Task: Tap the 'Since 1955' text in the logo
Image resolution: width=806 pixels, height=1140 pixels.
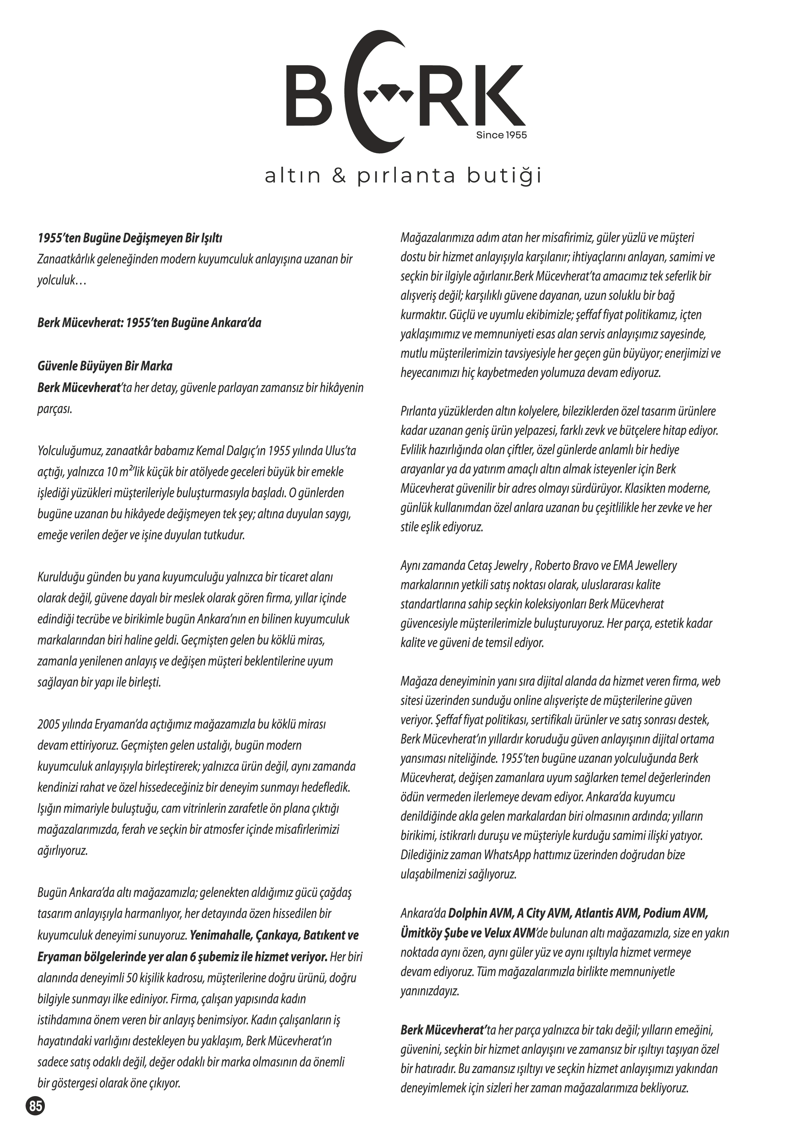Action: tap(501, 135)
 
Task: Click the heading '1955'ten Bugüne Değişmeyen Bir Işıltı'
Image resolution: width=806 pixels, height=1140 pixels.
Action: tap(130, 238)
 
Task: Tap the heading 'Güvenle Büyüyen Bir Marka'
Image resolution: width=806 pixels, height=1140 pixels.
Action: tap(105, 367)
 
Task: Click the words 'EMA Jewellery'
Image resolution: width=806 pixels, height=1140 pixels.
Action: tap(645, 565)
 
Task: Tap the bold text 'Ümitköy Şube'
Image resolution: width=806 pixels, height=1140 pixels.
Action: tap(435, 933)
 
